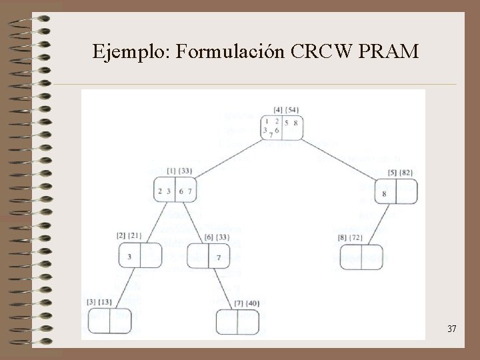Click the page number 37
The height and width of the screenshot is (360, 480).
tap(451, 328)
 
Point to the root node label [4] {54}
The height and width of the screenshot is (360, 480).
tap(285, 109)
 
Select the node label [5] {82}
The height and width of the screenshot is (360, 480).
tap(401, 173)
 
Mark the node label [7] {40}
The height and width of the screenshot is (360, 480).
tap(247, 303)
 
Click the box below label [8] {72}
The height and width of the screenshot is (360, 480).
tap(361, 257)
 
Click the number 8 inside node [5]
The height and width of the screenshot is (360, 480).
tap(385, 194)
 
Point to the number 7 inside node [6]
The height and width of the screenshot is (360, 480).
tap(219, 258)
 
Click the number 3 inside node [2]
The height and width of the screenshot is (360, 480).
tap(129, 257)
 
